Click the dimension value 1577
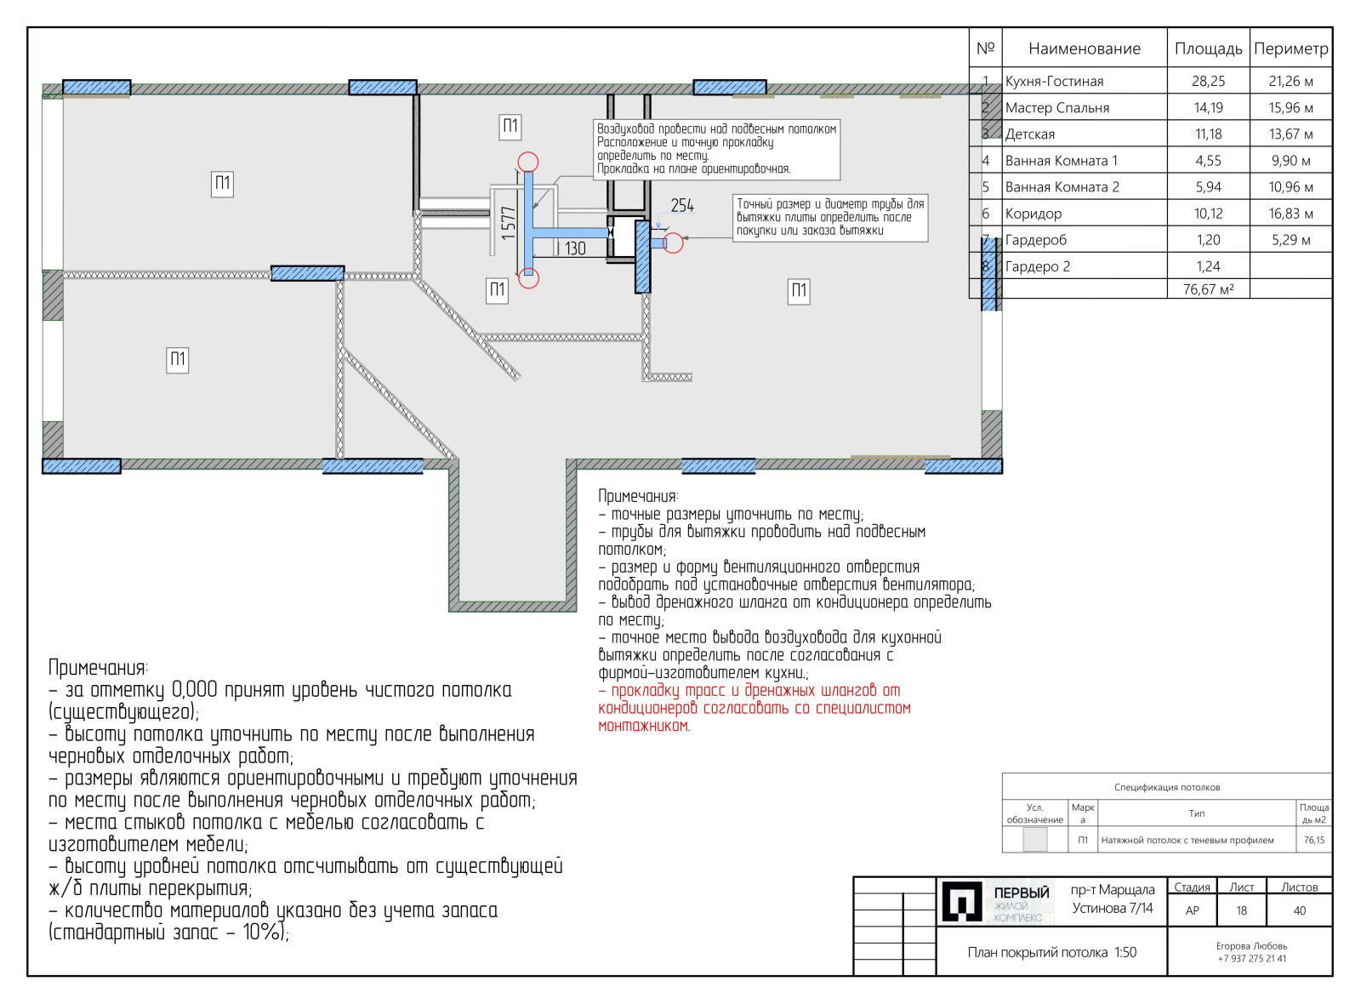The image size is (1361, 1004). pyautogui.click(x=509, y=223)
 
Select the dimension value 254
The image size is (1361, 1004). pyautogui.click(x=682, y=206)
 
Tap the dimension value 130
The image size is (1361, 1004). pyautogui.click(x=575, y=248)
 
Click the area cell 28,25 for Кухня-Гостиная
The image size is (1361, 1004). pyautogui.click(x=1209, y=81)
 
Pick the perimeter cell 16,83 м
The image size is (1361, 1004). pyautogui.click(x=1290, y=214)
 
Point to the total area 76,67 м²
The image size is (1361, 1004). pyautogui.click(x=1209, y=289)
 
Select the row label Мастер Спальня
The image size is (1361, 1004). pyautogui.click(x=1057, y=107)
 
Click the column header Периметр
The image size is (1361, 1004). pyautogui.click(x=1291, y=48)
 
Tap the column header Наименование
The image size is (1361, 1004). pyautogui.click(x=1085, y=48)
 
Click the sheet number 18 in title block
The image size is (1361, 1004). pyautogui.click(x=1241, y=910)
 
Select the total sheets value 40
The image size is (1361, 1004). pyautogui.click(x=1300, y=910)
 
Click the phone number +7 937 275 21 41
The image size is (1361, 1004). pyautogui.click(x=1251, y=958)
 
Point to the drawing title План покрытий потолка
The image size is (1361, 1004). pyautogui.click(x=1037, y=952)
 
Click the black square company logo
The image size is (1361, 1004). pyautogui.click(x=962, y=901)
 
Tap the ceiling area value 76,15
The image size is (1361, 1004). pyautogui.click(x=1314, y=840)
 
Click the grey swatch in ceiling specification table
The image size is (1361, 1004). pyautogui.click(x=1034, y=839)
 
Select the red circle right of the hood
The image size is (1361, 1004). pyautogui.click(x=673, y=243)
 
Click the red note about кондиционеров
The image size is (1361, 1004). pyautogui.click(x=754, y=708)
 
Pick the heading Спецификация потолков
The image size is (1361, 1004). pyautogui.click(x=1166, y=787)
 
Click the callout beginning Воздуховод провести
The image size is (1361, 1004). pyautogui.click(x=716, y=149)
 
